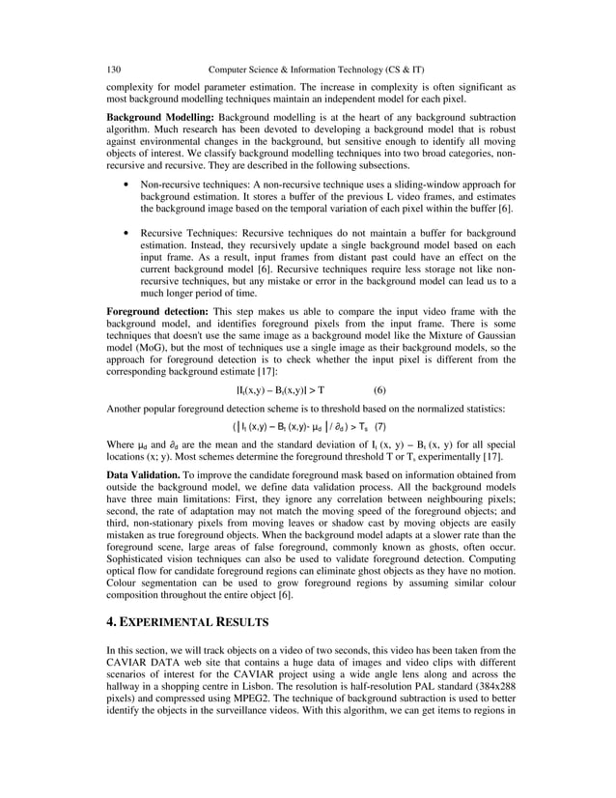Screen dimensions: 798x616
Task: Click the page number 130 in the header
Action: coord(113,70)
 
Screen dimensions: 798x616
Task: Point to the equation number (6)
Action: coord(379,390)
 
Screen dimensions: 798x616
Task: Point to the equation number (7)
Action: coord(380,426)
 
